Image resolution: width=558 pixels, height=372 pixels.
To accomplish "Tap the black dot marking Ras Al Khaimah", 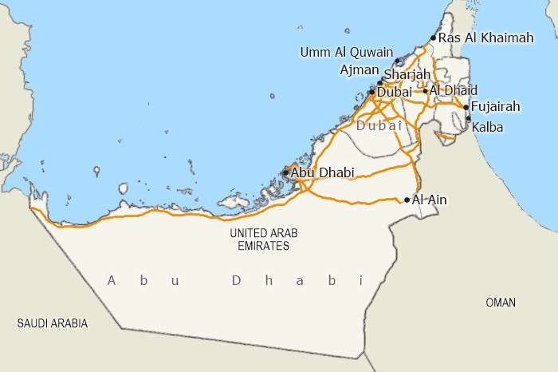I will (433, 38).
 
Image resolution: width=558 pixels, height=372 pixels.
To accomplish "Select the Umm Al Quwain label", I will (346, 53).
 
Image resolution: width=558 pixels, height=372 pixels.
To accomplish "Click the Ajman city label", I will (359, 70).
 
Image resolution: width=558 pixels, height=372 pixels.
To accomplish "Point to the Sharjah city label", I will (407, 75).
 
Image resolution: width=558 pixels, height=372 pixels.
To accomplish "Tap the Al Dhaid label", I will (454, 90).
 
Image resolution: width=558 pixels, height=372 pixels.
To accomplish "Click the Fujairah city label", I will (496, 106).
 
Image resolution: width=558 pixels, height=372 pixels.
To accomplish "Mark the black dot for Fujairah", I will (466, 106).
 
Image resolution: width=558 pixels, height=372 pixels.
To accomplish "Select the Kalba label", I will (487, 127).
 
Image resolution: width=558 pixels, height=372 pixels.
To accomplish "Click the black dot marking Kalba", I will (468, 119).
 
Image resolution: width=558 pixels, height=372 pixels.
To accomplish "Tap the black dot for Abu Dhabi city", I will (286, 172).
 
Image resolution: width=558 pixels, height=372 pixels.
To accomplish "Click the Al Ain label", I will (430, 200).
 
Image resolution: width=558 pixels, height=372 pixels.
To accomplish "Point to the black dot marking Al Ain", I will (407, 200).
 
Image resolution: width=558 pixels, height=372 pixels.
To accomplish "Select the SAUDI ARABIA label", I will (53, 323).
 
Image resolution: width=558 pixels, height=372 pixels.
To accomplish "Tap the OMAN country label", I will (501, 303).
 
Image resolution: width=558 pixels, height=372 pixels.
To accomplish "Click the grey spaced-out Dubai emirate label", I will (380, 126).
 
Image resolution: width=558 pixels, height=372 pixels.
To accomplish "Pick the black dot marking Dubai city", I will (371, 92).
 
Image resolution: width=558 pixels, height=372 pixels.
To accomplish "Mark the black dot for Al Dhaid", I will (426, 90).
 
